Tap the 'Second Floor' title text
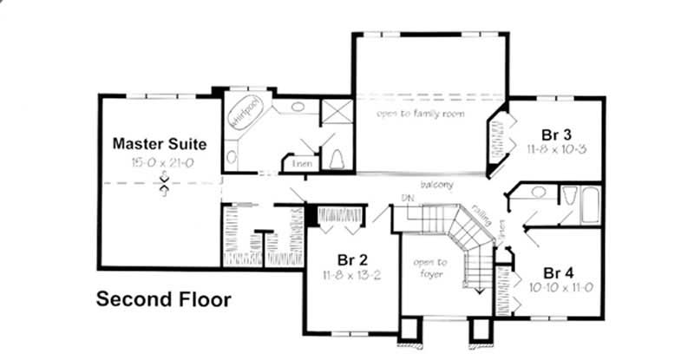pos(163,300)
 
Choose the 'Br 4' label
pos(555,270)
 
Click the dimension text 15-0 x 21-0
pos(159,162)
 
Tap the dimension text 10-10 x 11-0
pos(555,286)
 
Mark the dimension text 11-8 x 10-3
pos(555,150)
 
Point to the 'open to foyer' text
pos(430,268)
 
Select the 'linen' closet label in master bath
pos(301,162)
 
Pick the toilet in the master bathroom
pos(338,158)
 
